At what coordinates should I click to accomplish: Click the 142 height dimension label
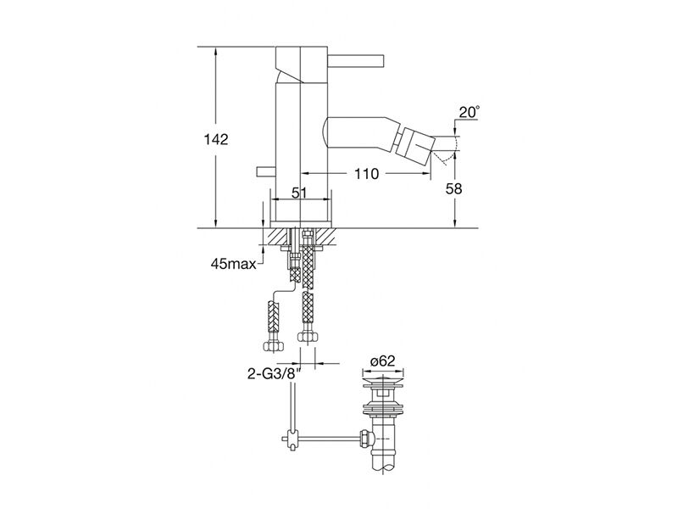click(216, 139)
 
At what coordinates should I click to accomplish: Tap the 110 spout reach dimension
click(366, 174)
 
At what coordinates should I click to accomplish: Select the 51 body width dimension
click(299, 193)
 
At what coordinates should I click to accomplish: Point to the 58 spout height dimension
click(454, 188)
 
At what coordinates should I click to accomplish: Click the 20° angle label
click(469, 112)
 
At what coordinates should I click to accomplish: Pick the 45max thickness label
click(234, 263)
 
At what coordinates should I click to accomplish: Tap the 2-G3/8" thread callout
click(274, 373)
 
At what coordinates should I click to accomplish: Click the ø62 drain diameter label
click(382, 361)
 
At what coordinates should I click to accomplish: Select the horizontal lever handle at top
click(355, 61)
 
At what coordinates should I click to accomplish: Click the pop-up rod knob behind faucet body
click(266, 172)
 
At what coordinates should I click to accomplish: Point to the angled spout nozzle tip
click(417, 146)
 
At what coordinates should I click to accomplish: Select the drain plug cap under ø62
click(382, 383)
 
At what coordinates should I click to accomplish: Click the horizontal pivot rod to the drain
click(327, 439)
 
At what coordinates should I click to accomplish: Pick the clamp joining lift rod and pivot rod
click(293, 439)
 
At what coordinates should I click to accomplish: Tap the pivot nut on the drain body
click(365, 439)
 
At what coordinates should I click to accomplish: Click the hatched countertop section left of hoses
click(278, 237)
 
